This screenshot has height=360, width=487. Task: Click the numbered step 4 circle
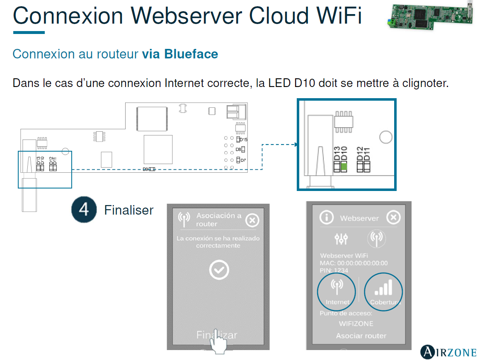(84, 210)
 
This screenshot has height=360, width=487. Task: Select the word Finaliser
(128, 210)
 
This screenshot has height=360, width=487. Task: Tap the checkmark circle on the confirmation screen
(218, 270)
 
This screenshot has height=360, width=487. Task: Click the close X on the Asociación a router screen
(252, 220)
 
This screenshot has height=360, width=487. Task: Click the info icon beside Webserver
(327, 217)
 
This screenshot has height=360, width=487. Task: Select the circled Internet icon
(337, 289)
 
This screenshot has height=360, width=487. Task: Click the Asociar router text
(361, 336)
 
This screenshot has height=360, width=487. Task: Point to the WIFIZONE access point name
(356, 324)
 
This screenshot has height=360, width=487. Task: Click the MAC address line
(354, 263)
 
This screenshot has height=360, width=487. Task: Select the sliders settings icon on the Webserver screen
(341, 238)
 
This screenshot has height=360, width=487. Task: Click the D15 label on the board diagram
(244, 140)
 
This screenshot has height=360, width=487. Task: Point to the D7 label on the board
(243, 160)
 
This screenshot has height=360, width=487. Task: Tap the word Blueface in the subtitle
(191, 54)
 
